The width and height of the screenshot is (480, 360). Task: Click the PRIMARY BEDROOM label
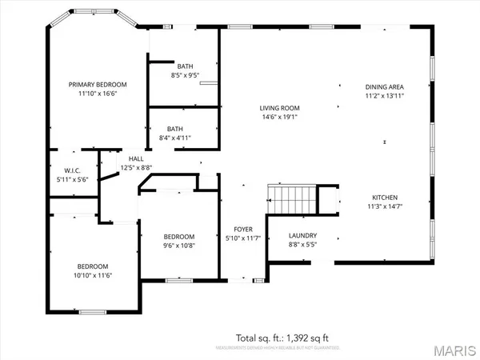coord(97,84)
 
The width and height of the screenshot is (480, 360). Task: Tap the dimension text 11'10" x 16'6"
coord(97,94)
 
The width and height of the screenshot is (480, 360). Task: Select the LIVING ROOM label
coord(278,108)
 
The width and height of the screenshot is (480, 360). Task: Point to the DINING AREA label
coord(384,86)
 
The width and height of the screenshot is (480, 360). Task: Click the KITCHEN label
coord(384,197)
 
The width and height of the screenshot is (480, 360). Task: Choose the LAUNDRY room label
coord(303,236)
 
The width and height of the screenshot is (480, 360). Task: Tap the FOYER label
coord(243,229)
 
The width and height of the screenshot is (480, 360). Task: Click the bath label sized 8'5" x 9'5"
coord(185,66)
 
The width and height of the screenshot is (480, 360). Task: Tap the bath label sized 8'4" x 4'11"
coord(174,129)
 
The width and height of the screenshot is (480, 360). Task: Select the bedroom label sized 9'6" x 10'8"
coord(178,237)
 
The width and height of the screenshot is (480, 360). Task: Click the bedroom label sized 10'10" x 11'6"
coord(93,266)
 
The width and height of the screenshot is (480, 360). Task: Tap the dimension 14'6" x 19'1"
coord(278,118)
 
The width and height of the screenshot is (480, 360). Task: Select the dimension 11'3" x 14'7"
coord(384,206)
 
